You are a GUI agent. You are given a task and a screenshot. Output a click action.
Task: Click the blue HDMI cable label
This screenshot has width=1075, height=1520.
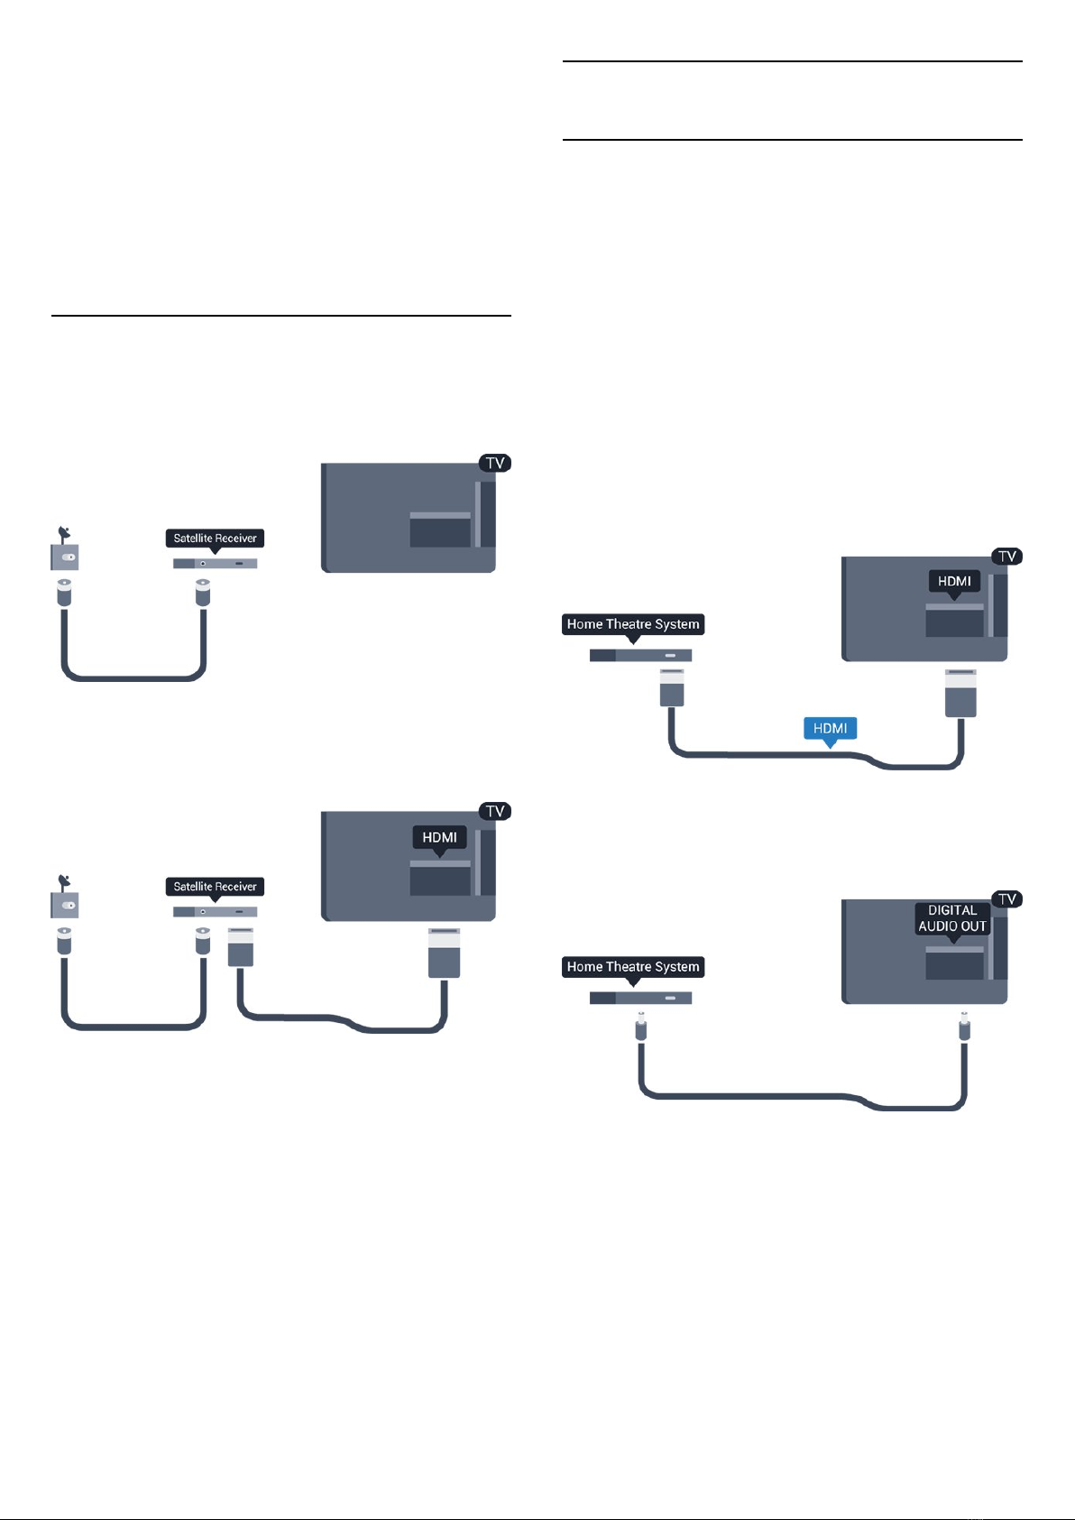pos(830,728)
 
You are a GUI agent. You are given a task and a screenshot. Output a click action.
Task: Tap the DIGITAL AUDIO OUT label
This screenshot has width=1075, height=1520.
pos(952,918)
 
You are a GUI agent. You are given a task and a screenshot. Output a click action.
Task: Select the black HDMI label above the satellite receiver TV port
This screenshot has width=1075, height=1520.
pos(439,837)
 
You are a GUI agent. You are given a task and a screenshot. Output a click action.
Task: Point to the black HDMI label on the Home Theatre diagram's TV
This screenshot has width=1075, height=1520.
pos(954,581)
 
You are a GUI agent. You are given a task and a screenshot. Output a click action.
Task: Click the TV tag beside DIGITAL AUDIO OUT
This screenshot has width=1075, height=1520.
pos(1007,898)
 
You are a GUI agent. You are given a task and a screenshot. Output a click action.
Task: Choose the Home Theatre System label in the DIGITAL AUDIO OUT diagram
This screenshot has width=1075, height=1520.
pos(632,967)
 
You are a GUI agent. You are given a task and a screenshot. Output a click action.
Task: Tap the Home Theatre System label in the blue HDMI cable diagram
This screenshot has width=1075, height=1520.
pos(632,624)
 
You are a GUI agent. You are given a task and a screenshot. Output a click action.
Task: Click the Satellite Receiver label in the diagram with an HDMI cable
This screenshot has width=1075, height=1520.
pos(215,887)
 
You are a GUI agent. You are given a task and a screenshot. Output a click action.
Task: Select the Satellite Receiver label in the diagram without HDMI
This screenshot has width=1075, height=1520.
pos(215,539)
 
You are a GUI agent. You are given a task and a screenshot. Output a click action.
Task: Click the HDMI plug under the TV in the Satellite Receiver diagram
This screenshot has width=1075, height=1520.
pos(444,953)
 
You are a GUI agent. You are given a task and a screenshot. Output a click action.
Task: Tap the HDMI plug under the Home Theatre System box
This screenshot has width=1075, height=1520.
pos(672,688)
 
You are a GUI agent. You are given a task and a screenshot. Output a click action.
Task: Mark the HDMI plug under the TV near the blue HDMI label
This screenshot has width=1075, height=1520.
pos(960,693)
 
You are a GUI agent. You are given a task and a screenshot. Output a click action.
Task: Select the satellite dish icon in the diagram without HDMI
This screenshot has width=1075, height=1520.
pos(64,549)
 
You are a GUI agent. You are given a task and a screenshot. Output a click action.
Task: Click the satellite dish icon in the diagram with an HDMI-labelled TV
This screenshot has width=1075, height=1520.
pos(64,898)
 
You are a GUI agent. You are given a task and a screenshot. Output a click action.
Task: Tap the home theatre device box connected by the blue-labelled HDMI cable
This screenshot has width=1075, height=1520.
pos(640,656)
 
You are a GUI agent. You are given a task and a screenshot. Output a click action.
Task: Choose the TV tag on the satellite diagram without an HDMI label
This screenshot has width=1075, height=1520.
pos(495,463)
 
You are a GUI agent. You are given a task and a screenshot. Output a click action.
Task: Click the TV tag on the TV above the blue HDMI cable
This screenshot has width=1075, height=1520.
pos(1007,557)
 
